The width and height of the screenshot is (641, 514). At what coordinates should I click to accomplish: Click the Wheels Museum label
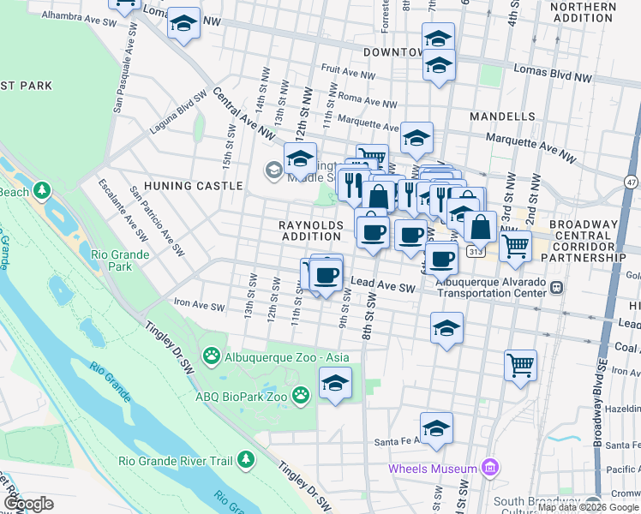tap(433, 469)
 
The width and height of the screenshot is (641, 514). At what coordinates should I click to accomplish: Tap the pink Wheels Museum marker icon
tap(489, 468)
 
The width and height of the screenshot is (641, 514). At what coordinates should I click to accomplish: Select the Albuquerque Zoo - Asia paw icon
tap(211, 356)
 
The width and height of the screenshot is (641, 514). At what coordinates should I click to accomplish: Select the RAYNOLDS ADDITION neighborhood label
tap(311, 230)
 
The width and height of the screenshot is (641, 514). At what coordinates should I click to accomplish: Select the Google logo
tap(28, 504)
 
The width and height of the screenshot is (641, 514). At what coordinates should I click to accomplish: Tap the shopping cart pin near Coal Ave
tap(520, 366)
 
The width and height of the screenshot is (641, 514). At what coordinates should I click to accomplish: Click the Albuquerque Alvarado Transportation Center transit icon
tap(558, 287)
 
